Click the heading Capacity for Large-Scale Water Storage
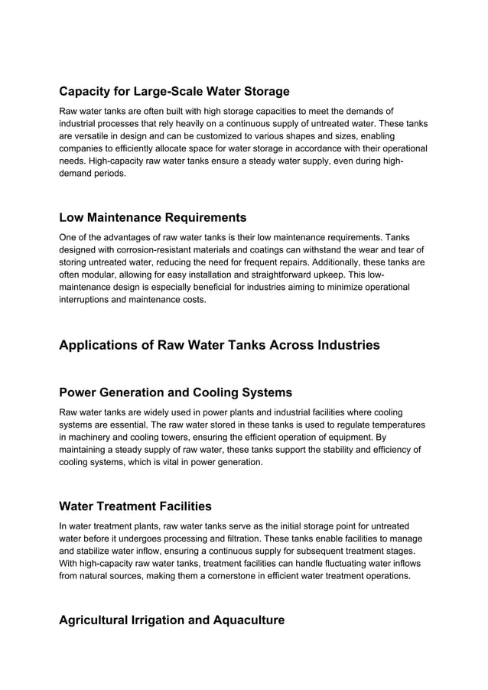174,92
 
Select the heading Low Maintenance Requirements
152,218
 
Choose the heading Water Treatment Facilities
135,506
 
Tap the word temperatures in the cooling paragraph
396,425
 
